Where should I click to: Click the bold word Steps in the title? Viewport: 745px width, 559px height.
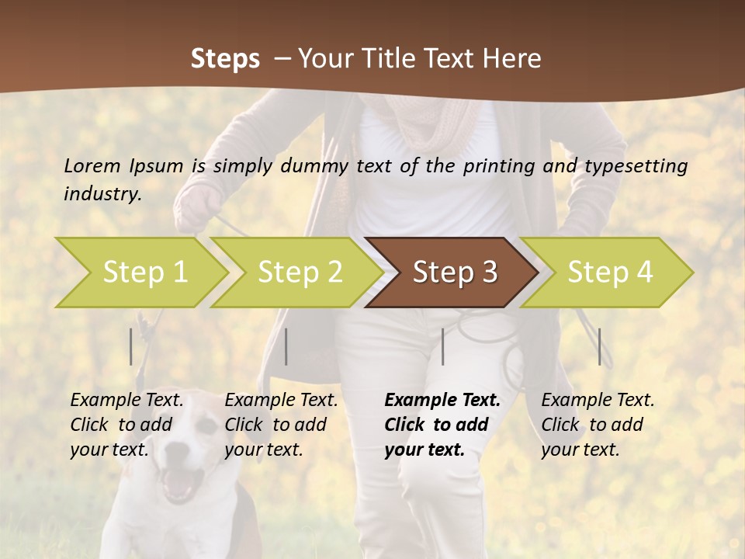[x=225, y=59]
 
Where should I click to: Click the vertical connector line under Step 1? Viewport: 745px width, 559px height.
[x=131, y=346]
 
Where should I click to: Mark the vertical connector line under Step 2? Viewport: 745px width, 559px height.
[x=286, y=346]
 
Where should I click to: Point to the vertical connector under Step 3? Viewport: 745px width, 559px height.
[x=442, y=346]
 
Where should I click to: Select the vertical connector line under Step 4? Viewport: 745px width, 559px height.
[x=599, y=346]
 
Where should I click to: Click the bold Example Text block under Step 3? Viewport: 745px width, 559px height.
[x=442, y=425]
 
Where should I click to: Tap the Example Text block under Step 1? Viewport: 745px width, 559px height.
[x=126, y=425]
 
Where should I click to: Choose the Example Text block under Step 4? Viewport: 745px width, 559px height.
[x=598, y=425]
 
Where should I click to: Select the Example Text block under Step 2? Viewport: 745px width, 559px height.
[x=281, y=425]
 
